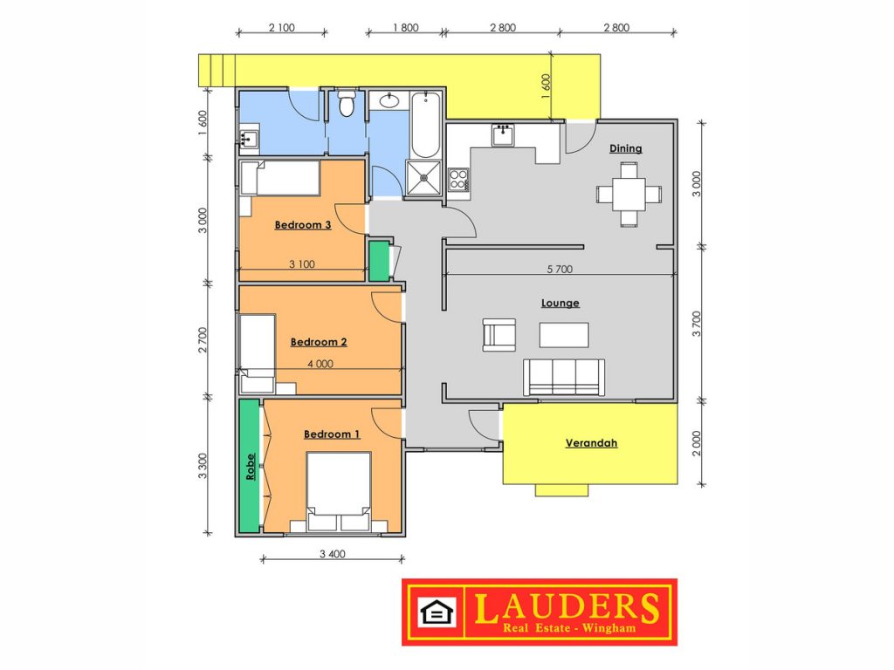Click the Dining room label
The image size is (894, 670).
[625, 148]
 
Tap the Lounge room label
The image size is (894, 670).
[560, 303]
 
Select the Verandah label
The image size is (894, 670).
[591, 443]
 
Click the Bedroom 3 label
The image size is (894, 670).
[303, 225]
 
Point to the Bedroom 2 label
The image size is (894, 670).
[319, 342]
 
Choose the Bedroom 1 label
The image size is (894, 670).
[332, 434]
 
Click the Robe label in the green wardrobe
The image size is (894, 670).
[251, 467]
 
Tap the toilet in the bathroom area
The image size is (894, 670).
[346, 103]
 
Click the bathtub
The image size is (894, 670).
[425, 124]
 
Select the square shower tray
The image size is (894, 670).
[423, 178]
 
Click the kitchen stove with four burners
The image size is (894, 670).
[458, 180]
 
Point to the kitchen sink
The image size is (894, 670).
[503, 135]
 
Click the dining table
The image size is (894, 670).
[629, 195]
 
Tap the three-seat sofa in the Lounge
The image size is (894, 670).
[564, 377]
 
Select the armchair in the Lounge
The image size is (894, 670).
[499, 335]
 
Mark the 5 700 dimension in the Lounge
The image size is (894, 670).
[560, 269]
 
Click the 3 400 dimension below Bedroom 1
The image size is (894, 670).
[333, 554]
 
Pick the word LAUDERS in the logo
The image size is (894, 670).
[567, 607]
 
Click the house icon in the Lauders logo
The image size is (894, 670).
[437, 612]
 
